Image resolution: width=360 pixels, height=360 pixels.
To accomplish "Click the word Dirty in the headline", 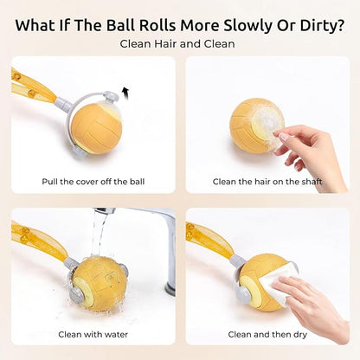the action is (318, 25).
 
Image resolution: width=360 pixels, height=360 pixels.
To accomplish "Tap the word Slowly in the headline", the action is (248, 25).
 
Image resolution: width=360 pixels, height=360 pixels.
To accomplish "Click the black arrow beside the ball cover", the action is (125, 93).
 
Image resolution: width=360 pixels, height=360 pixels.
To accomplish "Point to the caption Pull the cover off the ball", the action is (93, 182).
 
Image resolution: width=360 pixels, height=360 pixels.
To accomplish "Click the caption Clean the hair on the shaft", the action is (267, 182).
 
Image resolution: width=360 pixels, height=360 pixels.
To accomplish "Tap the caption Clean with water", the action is (93, 335).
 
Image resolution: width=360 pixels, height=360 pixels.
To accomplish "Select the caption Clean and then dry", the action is (267, 335).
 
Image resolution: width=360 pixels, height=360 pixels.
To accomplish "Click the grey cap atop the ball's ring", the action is (111, 96).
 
